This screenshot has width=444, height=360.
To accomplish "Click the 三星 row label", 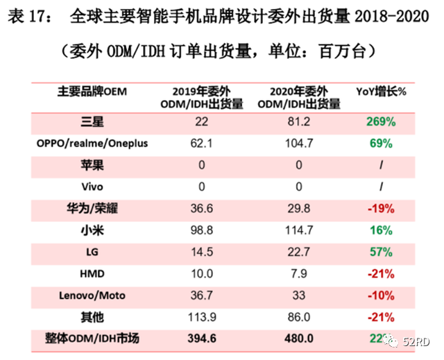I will [92, 122].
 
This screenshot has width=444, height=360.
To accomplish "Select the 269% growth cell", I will [381, 122].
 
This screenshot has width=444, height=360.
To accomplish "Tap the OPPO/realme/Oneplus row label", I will [92, 144].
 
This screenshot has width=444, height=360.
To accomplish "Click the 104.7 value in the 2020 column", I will [299, 144].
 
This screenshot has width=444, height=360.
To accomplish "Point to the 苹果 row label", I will [92, 165].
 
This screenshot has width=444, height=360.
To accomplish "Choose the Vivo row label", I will [92, 187].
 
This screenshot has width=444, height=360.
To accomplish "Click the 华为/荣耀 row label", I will [92, 208].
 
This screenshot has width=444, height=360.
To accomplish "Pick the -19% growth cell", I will [381, 208].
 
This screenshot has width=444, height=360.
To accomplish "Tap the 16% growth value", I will [381, 230].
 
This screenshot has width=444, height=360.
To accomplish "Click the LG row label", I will [92, 252].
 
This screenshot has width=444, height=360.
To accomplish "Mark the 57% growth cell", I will [381, 252].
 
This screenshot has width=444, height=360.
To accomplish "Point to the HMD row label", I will [92, 273].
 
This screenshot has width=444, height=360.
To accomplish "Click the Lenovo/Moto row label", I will [92, 295].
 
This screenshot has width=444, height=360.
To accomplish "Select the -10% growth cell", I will [381, 295].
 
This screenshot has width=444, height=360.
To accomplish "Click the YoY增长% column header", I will [381, 91].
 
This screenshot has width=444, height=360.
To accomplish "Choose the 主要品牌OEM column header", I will [92, 91].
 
